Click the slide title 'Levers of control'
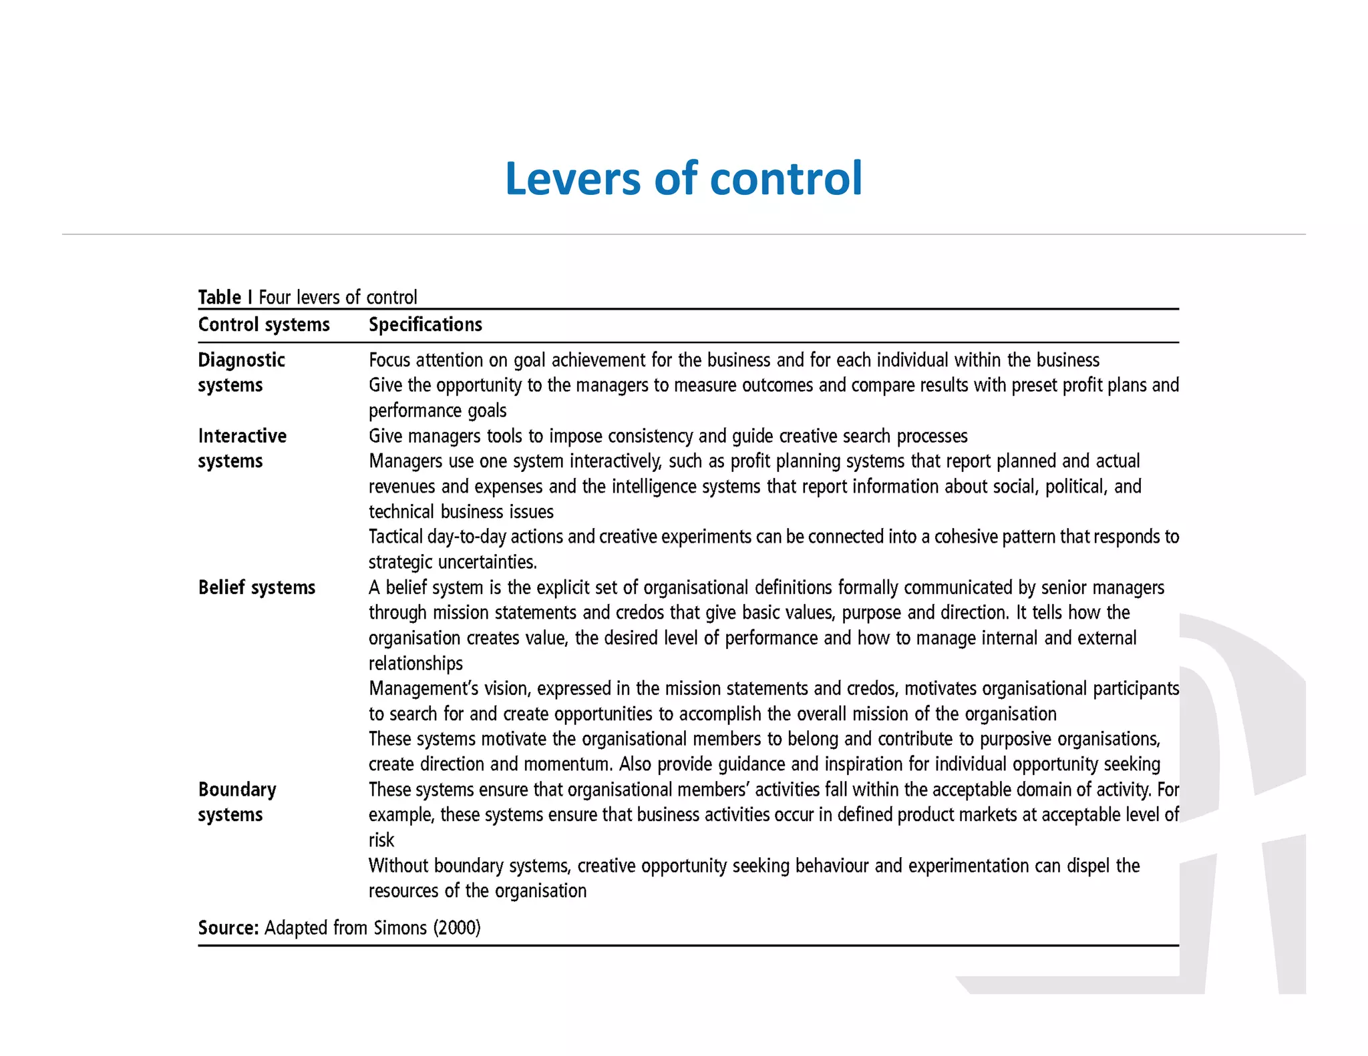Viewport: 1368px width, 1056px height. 683,179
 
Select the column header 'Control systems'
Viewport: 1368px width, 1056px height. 264,325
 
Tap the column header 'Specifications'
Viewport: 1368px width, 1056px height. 425,325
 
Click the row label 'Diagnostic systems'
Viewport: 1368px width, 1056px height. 241,372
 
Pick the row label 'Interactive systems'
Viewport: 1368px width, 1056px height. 242,449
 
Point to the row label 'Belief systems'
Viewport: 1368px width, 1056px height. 256,587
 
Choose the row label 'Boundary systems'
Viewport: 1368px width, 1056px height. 236,802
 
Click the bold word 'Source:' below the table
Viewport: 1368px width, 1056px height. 228,928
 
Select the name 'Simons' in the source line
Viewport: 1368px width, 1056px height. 400,928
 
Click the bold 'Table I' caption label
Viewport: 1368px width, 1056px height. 225,297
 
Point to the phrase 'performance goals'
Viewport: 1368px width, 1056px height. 438,411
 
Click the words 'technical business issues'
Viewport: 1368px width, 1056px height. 461,512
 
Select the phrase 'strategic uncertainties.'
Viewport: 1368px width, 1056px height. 453,562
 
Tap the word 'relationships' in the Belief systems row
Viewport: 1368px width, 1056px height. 415,664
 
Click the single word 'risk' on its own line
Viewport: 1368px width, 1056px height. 381,840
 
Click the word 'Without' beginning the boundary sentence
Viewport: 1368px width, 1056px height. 398,866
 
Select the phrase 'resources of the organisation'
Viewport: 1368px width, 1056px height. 477,890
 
